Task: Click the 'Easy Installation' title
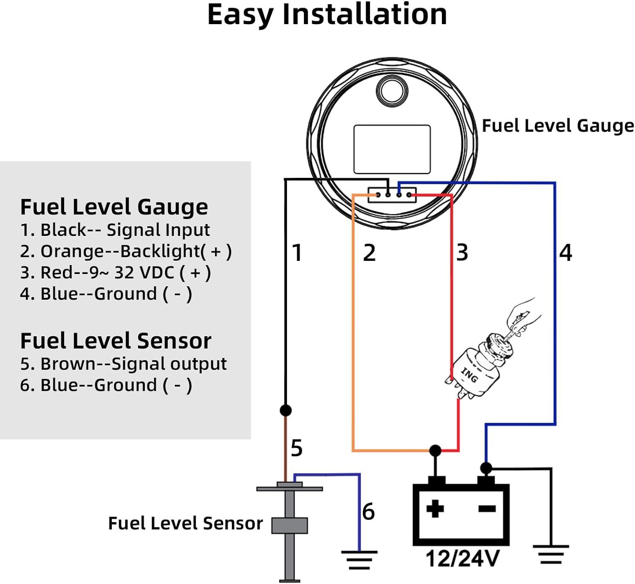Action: [326, 15]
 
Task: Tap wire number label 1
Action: [297, 253]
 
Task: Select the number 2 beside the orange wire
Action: [369, 253]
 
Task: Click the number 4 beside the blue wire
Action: [566, 253]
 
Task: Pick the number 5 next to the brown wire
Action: [297, 448]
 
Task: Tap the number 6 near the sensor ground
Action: [368, 512]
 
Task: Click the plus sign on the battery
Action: [435, 508]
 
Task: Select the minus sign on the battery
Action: [487, 509]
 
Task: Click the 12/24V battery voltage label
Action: [462, 559]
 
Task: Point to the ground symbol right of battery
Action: [551, 554]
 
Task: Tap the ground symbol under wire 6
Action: [359, 559]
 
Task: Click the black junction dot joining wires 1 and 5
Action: [286, 410]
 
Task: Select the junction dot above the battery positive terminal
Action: [435, 450]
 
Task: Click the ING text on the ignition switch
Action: [469, 375]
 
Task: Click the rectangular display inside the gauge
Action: [392, 149]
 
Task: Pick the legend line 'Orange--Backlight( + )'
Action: [126, 251]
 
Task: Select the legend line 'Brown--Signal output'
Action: [123, 364]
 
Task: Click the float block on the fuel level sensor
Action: [290, 525]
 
